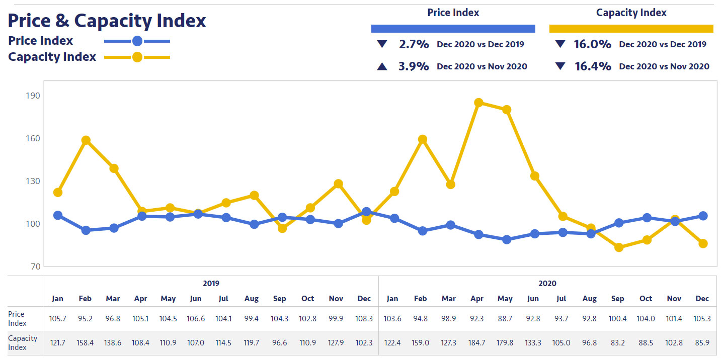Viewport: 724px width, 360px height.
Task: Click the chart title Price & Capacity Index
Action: pyautogui.click(x=107, y=21)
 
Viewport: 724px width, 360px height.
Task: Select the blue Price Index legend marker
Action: pyautogui.click(x=137, y=41)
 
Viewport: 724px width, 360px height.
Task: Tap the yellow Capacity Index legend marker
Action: pyautogui.click(x=137, y=57)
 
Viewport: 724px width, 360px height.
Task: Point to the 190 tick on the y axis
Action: pyautogui.click(x=33, y=96)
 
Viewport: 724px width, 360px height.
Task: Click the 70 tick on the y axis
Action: pyautogui.click(x=34, y=266)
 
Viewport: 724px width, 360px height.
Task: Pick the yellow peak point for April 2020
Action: pyautogui.click(x=478, y=103)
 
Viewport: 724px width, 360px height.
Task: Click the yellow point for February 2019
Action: pyautogui.click(x=86, y=140)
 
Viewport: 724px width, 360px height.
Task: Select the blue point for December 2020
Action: pyautogui.click(x=703, y=216)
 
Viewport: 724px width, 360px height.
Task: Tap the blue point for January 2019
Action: pyautogui.click(x=58, y=215)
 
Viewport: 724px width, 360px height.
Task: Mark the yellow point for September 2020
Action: pyautogui.click(x=619, y=247)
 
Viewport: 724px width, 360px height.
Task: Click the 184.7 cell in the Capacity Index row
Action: pyautogui.click(x=477, y=342)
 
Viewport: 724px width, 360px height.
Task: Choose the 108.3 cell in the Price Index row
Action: pyautogui.click(x=364, y=318)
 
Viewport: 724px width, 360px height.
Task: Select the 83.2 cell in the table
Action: pyautogui.click(x=618, y=342)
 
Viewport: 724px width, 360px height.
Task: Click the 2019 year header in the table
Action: pyautogui.click(x=211, y=284)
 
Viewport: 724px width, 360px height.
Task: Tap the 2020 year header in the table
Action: pyautogui.click(x=547, y=284)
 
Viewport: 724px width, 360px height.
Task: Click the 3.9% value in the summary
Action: pyautogui.click(x=414, y=66)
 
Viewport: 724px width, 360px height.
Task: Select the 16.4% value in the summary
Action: pyautogui.click(x=592, y=66)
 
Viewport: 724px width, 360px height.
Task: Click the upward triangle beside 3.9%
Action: pyautogui.click(x=382, y=66)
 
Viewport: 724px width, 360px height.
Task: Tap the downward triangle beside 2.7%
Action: pyautogui.click(x=382, y=44)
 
